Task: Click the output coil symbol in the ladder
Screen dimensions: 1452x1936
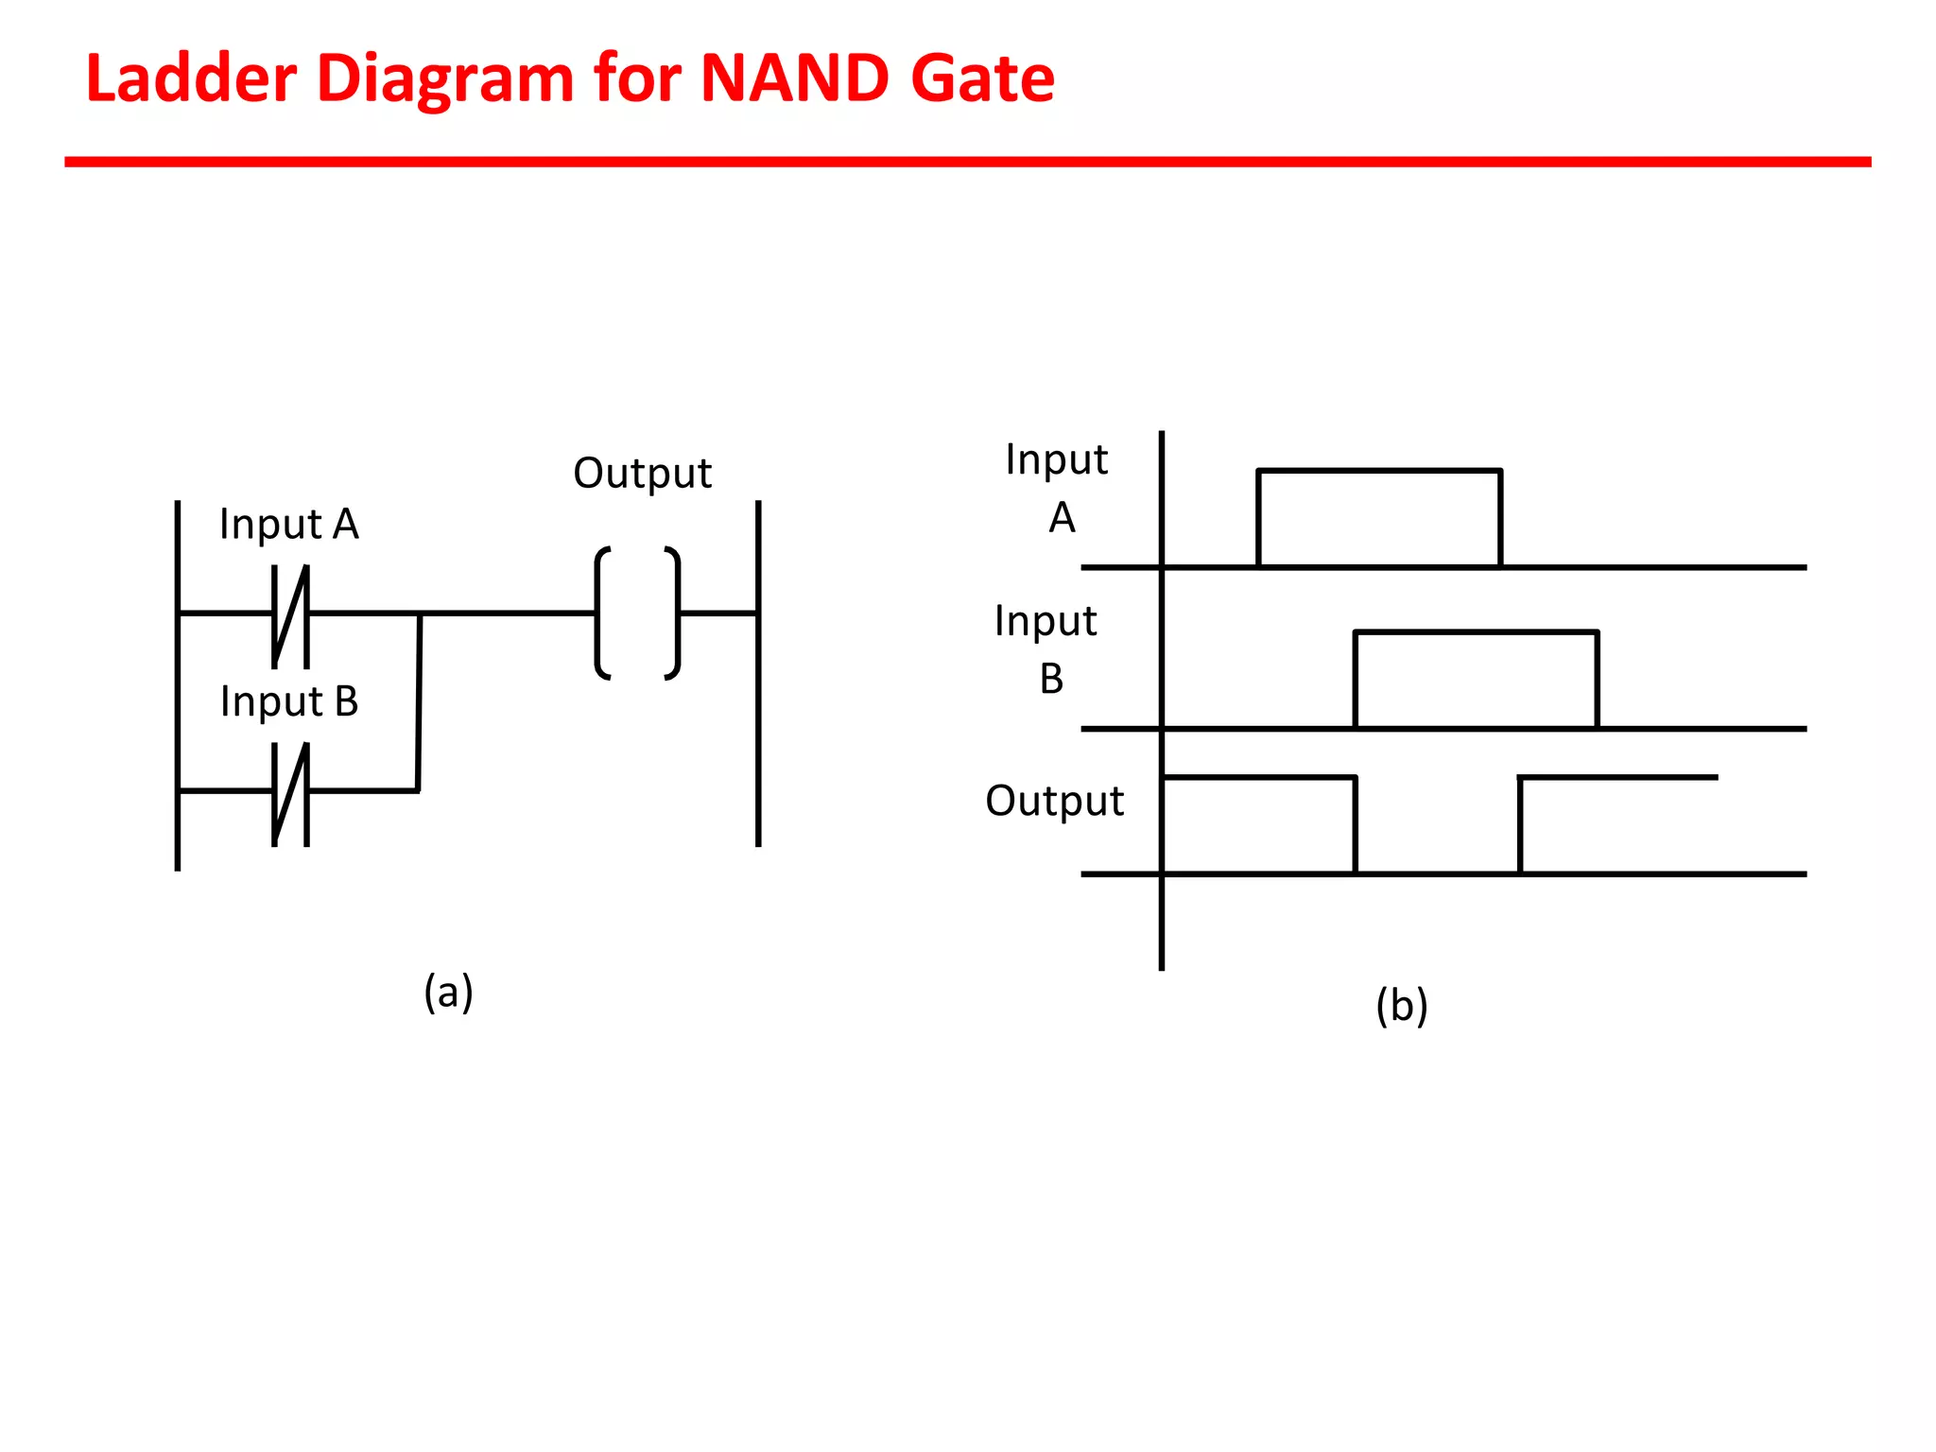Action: tap(637, 613)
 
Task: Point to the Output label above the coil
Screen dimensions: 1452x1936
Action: tap(642, 473)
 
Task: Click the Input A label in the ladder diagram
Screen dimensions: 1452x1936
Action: tap(288, 524)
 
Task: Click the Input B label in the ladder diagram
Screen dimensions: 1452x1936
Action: tap(288, 701)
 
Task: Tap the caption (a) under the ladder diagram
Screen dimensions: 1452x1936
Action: tap(448, 992)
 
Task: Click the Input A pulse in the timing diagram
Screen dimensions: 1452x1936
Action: tap(1378, 471)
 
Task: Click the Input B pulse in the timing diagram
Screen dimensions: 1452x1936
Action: tap(1476, 632)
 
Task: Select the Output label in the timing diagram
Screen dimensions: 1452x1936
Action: tap(1054, 801)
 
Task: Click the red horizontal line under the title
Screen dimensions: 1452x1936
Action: tap(967, 162)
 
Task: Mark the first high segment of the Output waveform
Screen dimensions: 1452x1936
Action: tap(1259, 778)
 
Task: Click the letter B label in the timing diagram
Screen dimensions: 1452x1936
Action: tap(1051, 679)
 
